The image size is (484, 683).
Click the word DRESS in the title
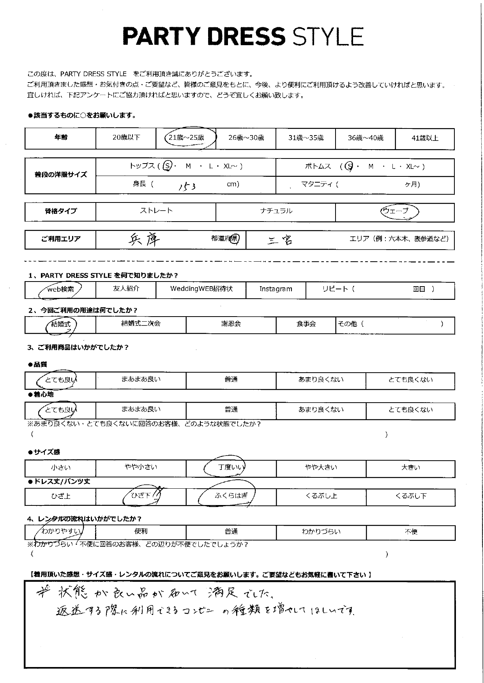[x=246, y=37]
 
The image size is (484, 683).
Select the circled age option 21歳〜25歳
[x=186, y=138]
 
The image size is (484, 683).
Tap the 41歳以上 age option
[x=425, y=138]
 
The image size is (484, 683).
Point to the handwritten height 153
[x=187, y=186]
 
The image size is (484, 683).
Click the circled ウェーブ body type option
[x=395, y=211]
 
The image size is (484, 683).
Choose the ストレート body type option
[x=156, y=211]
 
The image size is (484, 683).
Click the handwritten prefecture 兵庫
[x=144, y=240]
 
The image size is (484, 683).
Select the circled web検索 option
[x=60, y=289]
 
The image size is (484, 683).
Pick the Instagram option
[x=276, y=289]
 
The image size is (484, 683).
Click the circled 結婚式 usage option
[x=61, y=324]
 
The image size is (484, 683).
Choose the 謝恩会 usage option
[x=231, y=324]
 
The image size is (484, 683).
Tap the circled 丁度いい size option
[x=230, y=467]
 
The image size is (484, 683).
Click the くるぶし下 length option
[x=411, y=496]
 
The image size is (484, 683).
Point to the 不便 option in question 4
[x=411, y=532]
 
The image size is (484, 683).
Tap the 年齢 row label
[x=60, y=138]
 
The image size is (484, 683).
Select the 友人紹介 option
[x=125, y=289]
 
